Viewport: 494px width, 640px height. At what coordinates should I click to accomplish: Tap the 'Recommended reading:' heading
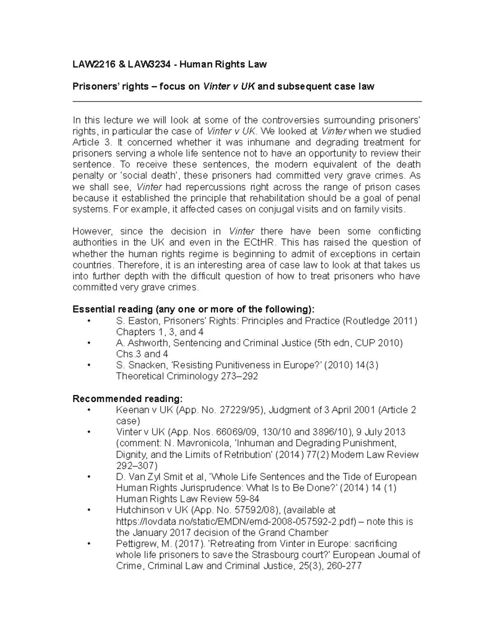[127, 399]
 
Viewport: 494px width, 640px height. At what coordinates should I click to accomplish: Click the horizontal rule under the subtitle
[247, 101]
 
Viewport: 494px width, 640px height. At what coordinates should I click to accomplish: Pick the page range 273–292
[240, 376]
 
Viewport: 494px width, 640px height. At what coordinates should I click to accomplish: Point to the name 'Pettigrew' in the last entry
[134, 544]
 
